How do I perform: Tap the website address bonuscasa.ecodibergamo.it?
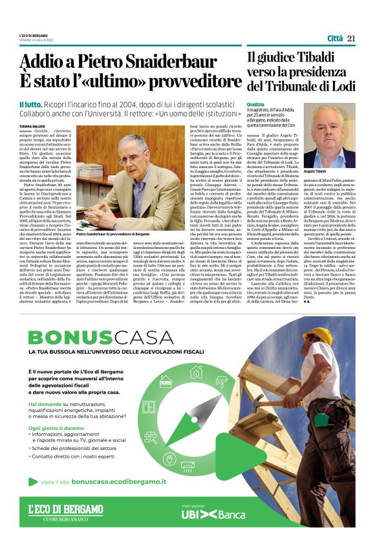(118, 482)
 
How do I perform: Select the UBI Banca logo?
(213, 514)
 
